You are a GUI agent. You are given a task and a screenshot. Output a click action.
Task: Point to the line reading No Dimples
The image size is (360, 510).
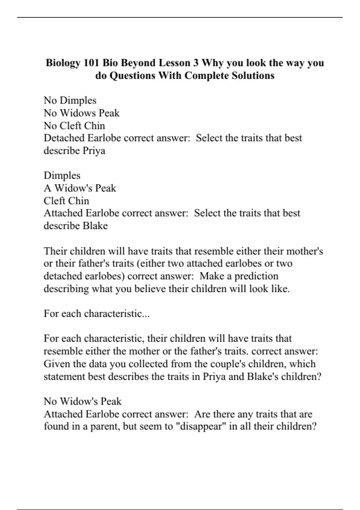coord(70,100)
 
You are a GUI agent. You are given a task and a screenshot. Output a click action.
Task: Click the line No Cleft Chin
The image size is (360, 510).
coord(74,125)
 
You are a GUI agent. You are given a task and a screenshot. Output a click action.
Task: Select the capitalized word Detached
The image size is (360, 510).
coord(64,138)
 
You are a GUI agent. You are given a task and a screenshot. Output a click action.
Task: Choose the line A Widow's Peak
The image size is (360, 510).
coord(80,188)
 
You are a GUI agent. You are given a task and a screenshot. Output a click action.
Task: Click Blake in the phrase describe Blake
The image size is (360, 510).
coord(95,226)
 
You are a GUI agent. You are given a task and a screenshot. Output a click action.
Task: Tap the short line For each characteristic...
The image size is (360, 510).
coord(97,313)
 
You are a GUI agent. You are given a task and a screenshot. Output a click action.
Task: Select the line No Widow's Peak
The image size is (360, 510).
coord(82,401)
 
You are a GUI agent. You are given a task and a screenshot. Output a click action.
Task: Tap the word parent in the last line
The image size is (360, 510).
coord(101,426)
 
